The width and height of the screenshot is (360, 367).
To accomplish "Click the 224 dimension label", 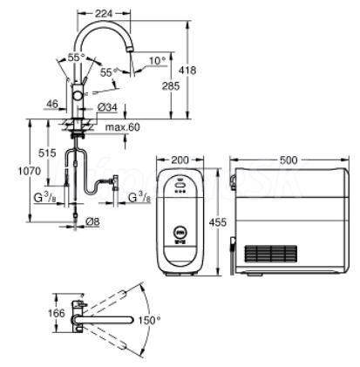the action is [104, 13].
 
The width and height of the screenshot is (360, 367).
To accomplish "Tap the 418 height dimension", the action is [187, 71].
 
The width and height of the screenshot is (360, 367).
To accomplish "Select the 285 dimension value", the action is [171, 86].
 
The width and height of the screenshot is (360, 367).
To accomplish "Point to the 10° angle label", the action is [157, 61].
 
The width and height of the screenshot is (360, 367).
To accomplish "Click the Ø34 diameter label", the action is [107, 108].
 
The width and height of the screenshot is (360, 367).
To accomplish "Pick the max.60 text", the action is [122, 127].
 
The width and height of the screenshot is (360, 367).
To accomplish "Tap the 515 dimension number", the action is [47, 153].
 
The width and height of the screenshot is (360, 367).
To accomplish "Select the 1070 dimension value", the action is [29, 171].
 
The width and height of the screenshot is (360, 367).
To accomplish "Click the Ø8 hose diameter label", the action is [92, 222].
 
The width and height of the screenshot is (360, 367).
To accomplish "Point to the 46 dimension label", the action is [52, 104].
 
